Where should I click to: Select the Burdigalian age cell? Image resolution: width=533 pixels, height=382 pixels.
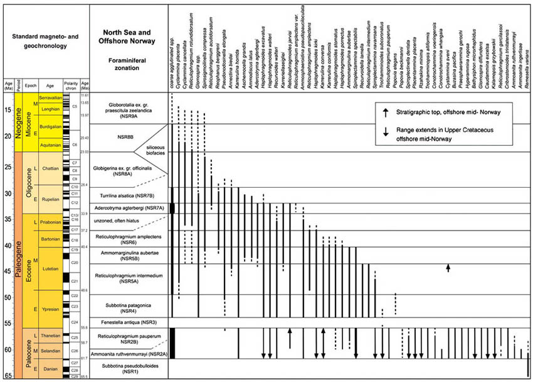[x=51, y=126]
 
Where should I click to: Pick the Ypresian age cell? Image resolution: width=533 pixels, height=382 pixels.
[x=51, y=305]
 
